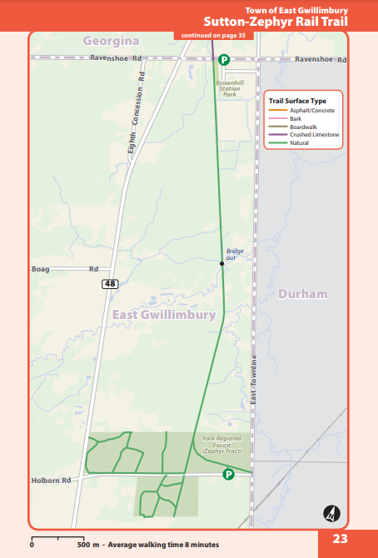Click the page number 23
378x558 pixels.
[x=340, y=539]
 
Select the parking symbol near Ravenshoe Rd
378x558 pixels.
[x=224, y=60]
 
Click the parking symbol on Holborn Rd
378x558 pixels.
[x=228, y=474]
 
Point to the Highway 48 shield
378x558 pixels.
[x=110, y=284]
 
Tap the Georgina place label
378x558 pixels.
[x=112, y=40]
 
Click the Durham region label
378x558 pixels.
[x=303, y=294]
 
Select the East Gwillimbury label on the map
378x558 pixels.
[x=164, y=315]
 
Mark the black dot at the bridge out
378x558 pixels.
[x=222, y=263]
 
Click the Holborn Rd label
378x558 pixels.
[x=51, y=480]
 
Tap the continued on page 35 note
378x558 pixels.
[x=213, y=36]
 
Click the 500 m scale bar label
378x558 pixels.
[x=88, y=545]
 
